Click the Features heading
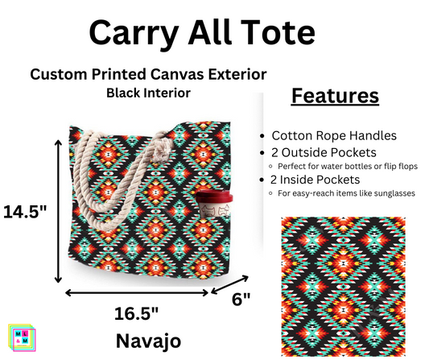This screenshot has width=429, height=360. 333,96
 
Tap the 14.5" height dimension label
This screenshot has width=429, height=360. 25,211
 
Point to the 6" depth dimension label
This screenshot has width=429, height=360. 240,298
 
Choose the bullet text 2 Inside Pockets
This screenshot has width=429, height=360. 320,180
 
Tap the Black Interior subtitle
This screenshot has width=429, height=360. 148,93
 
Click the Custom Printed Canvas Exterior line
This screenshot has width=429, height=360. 148,74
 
